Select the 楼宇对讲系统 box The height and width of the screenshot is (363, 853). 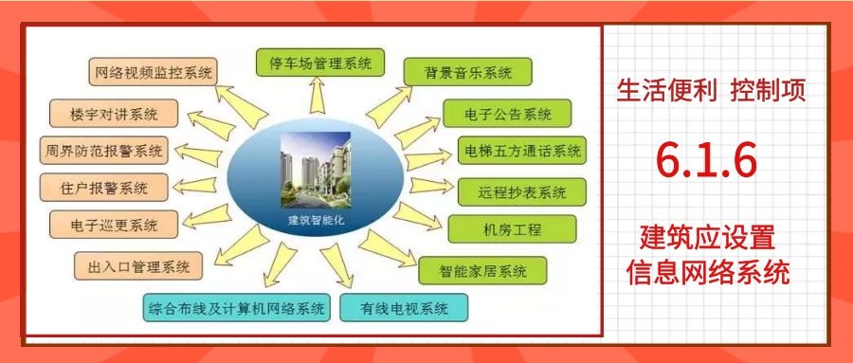[114, 114]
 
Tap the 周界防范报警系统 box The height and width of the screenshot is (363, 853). [103, 150]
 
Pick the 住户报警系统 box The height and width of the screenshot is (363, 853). [106, 186]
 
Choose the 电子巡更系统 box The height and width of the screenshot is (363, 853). [114, 226]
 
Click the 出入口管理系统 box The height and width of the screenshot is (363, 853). [138, 265]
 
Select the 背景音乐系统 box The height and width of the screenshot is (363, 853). [466, 72]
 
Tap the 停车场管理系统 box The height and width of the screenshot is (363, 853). [320, 64]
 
